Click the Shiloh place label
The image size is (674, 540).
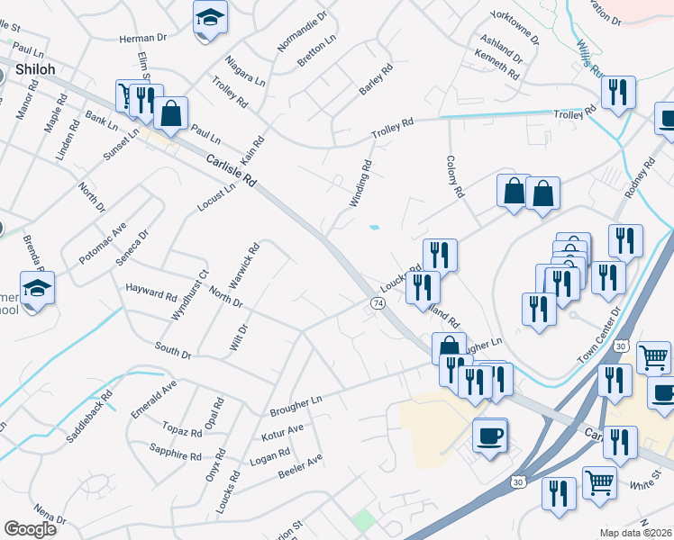click(35, 70)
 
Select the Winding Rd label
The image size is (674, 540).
click(360, 184)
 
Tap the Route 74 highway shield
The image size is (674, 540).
click(378, 306)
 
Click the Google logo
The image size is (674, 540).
click(30, 529)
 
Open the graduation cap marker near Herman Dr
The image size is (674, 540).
click(210, 17)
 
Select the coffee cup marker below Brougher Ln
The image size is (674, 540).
click(489, 436)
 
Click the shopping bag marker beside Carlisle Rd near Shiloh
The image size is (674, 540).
click(170, 114)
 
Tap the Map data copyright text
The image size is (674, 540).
click(636, 533)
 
